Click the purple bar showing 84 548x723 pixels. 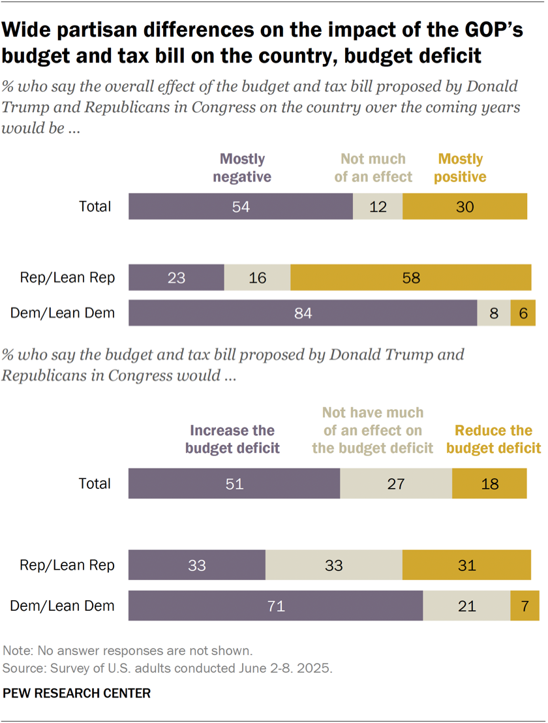point(303,313)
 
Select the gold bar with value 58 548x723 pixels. point(410,278)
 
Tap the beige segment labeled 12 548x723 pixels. point(378,207)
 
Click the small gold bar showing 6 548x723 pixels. point(523,313)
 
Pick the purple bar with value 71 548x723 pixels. point(275,606)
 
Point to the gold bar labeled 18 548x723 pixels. point(489,484)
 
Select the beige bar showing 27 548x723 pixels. point(396,484)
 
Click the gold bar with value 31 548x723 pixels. point(467,565)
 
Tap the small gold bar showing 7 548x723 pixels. point(525,606)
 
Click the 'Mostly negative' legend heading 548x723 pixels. point(242,168)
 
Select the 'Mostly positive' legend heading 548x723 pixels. point(461,168)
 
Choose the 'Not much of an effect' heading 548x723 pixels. point(373,168)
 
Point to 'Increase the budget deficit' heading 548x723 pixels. point(232,439)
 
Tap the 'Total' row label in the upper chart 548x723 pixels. point(95,207)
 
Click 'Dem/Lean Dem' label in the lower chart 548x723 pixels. point(63,606)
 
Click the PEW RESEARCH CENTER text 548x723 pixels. point(77,693)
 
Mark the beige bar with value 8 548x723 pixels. point(494,313)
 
